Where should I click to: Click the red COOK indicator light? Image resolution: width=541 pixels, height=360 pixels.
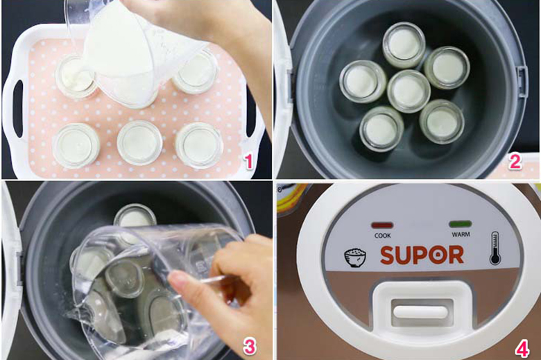coord(381,225)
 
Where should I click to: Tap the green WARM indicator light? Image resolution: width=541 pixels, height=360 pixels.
coord(460,225)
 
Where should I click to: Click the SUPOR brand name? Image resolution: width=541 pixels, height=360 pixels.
coord(422,255)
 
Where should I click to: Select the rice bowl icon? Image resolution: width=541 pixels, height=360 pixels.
coord(354,257)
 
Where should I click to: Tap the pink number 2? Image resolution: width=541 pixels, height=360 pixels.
coord(514,162)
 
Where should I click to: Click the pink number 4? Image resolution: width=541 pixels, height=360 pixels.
coord(520,345)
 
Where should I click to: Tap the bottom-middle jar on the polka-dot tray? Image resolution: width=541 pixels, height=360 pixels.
coord(139,143)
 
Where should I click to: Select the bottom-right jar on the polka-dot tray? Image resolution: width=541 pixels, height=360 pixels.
coord(200,145)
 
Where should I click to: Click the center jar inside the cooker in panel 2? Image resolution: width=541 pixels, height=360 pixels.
coord(409,91)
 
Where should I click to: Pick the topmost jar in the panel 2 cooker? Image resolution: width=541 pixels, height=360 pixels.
coord(404,45)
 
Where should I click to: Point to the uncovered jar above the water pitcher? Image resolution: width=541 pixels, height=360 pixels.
coord(135,217)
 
